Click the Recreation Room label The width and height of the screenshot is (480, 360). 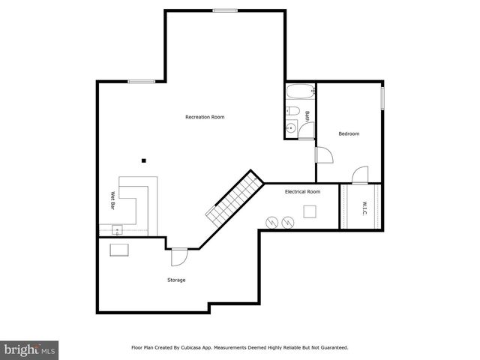click(205, 117)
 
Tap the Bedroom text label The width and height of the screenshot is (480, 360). click(349, 133)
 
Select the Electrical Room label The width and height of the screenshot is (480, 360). click(302, 192)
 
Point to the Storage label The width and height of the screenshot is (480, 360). click(176, 280)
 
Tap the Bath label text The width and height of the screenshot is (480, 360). click(307, 115)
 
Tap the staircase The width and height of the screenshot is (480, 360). click(235, 196)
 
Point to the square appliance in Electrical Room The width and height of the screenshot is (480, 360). click(310, 211)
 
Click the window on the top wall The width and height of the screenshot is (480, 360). click(225, 10)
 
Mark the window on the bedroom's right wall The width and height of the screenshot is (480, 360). click(382, 97)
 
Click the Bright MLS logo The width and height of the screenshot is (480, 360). click(29, 349)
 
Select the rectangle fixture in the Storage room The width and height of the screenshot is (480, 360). click(119, 250)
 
